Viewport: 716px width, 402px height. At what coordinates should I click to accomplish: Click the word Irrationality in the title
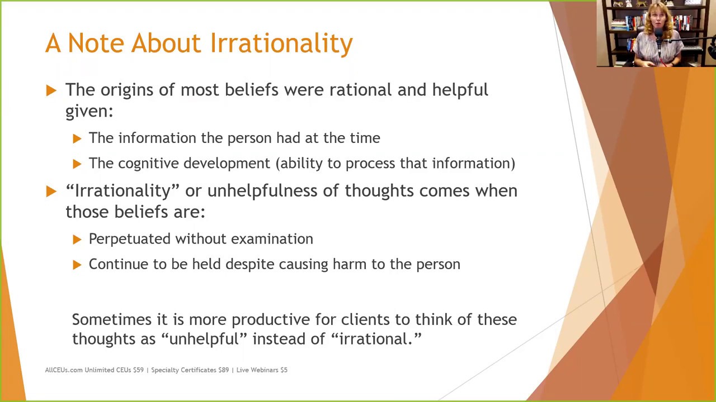(281, 44)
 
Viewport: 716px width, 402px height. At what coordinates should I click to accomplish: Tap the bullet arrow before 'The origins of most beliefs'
(51, 90)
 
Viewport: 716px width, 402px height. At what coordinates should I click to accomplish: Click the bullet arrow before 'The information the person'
(77, 138)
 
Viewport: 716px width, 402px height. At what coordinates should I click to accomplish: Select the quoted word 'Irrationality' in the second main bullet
(122, 191)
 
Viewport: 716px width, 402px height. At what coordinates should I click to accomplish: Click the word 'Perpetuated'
(129, 239)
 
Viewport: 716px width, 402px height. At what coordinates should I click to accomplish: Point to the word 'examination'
(272, 239)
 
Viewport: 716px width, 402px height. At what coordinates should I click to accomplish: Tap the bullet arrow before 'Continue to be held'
(77, 265)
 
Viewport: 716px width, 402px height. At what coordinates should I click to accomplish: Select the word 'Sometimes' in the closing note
(111, 319)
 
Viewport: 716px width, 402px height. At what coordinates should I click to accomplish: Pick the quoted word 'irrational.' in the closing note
(376, 339)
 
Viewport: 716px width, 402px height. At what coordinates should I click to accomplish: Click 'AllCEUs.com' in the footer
(63, 370)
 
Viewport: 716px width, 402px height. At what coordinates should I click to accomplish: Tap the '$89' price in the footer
(223, 370)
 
